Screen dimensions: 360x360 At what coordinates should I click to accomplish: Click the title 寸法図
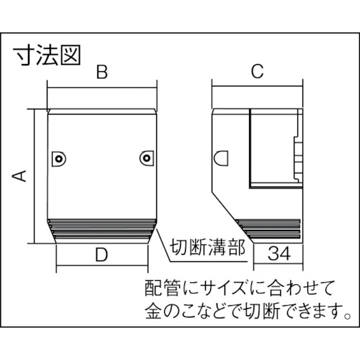click(48, 55)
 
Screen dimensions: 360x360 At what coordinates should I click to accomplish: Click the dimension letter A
click(19, 176)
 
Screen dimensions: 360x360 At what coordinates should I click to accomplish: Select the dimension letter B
click(102, 71)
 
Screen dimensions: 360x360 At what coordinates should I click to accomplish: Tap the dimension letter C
click(257, 71)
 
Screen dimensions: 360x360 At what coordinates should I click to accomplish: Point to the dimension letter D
click(102, 255)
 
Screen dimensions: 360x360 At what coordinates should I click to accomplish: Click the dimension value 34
click(279, 253)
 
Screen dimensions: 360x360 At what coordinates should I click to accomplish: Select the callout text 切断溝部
click(207, 248)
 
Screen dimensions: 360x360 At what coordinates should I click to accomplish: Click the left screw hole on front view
click(58, 158)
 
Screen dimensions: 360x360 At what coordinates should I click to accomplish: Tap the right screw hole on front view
click(146, 158)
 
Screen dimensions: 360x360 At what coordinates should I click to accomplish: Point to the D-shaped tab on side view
click(221, 158)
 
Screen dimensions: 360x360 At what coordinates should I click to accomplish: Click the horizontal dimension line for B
click(102, 88)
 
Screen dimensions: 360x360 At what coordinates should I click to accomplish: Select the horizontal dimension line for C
click(257, 86)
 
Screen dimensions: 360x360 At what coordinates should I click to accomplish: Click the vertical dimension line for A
click(35, 176)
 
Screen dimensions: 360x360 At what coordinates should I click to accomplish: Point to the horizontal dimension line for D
click(102, 266)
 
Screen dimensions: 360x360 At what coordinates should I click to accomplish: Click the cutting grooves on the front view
click(102, 230)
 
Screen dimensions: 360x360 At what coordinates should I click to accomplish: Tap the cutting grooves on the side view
click(269, 229)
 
